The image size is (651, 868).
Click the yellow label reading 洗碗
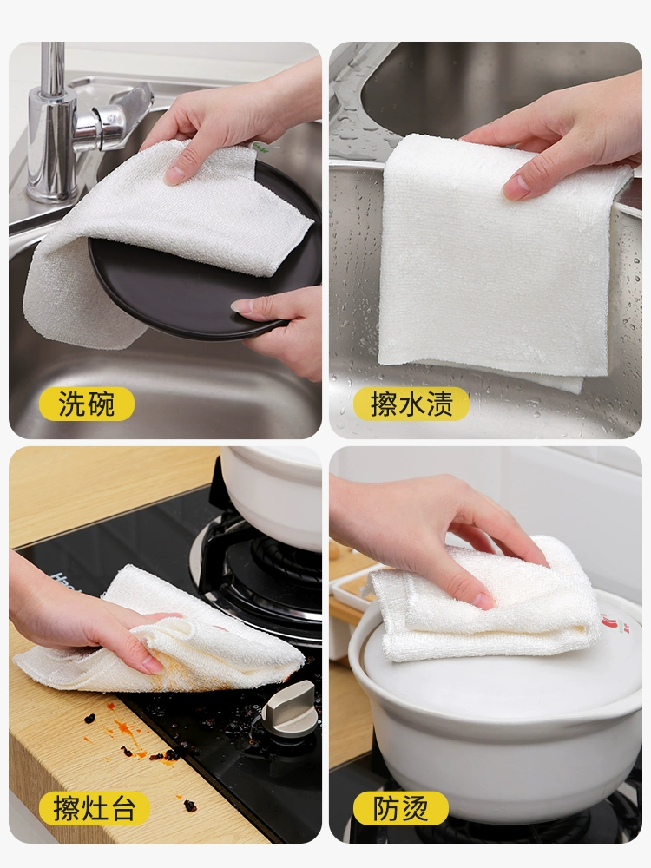click(x=86, y=404)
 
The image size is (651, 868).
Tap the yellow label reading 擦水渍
click(x=411, y=404)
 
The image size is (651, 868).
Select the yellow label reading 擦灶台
click(x=94, y=808)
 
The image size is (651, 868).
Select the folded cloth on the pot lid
click(x=487, y=598)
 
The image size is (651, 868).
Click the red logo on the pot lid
click(x=610, y=624)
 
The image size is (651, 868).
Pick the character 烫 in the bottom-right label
click(x=415, y=808)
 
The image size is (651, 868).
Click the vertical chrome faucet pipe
click(x=53, y=122)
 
